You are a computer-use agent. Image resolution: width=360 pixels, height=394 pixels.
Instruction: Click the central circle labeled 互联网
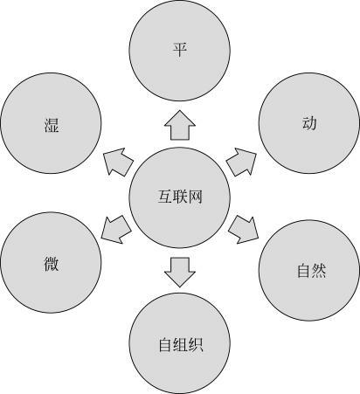[180, 197]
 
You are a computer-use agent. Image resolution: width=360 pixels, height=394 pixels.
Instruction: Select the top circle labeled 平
[180, 51]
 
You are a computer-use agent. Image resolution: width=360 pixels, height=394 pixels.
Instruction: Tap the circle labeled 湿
[51, 123]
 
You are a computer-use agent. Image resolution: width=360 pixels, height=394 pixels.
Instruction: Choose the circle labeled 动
[309, 123]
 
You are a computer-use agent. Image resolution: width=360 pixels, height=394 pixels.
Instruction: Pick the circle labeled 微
[51, 262]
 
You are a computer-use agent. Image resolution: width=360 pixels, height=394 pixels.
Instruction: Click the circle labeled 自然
[309, 271]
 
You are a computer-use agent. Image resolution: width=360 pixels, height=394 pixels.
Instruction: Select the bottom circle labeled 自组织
[180, 343]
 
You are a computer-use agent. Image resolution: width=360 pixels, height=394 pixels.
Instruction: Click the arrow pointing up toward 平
[180, 125]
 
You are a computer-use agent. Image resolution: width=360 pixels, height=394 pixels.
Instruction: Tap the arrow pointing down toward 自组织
[180, 272]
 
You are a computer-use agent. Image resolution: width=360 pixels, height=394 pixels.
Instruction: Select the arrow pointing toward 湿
[118, 162]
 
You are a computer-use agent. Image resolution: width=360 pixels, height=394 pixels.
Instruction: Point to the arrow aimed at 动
[241, 162]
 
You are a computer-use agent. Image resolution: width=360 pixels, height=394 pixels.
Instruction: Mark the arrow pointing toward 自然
[243, 230]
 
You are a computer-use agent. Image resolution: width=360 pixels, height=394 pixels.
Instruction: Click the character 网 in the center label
[196, 197]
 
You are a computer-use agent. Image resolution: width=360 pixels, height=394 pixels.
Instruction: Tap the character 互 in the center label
[165, 197]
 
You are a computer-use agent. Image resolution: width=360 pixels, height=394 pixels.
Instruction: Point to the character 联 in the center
[180, 197]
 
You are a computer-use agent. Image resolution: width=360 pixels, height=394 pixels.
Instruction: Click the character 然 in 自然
[318, 271]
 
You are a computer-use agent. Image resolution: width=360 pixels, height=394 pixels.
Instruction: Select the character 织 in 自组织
[196, 344]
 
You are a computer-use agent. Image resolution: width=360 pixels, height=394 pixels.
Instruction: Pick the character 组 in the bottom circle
[181, 344]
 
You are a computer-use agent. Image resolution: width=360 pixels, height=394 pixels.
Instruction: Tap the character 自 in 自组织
[165, 344]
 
